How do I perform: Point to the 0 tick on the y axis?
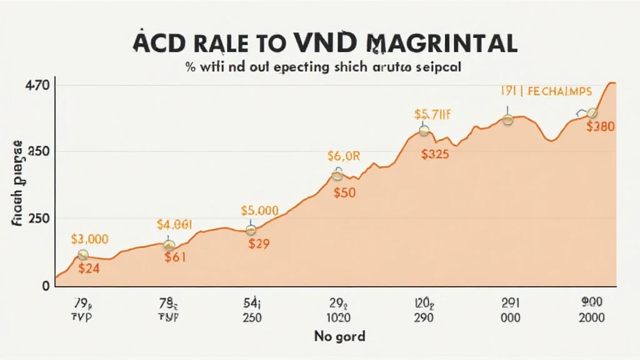coord(45,286)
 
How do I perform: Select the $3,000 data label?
coord(89,238)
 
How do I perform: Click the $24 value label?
coord(90,269)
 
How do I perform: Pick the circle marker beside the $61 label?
coord(169,246)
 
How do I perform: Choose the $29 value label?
coord(258,244)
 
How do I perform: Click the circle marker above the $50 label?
coord(337,176)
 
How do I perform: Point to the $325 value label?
coord(434,155)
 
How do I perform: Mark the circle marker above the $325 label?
coord(424,131)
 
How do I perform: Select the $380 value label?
coord(601,126)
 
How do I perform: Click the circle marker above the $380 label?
coord(592,112)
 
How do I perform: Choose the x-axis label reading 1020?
coord(338,317)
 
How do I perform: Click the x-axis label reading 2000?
coord(591,317)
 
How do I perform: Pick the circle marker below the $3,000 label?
coord(82,254)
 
